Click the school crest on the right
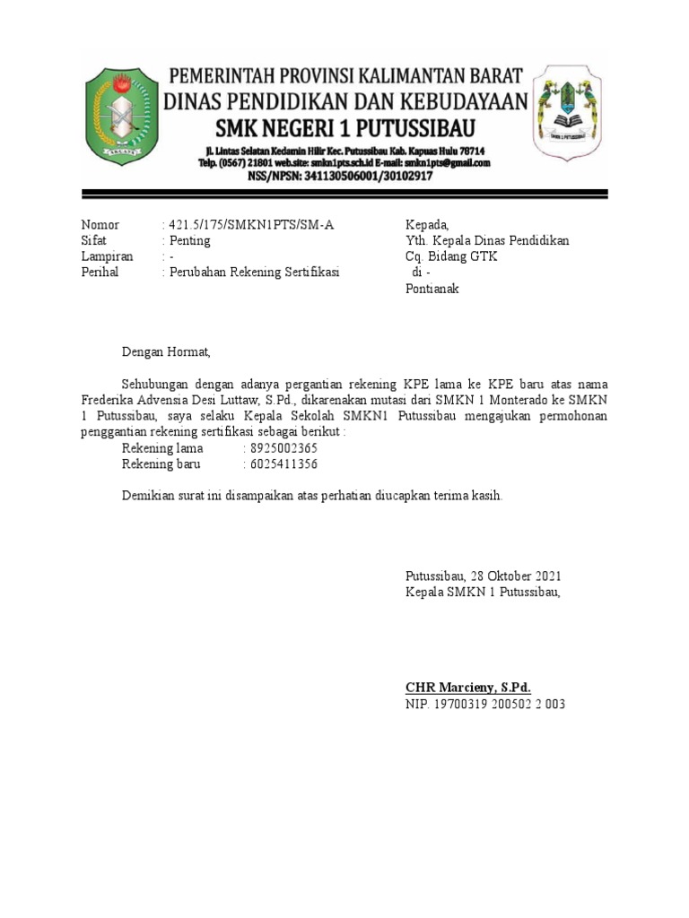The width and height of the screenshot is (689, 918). [x=569, y=115]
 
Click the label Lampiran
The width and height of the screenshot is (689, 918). [x=107, y=256]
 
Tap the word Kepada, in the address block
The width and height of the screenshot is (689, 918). [x=427, y=225]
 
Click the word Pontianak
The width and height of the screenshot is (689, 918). [x=432, y=289]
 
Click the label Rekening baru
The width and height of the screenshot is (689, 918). [x=161, y=464]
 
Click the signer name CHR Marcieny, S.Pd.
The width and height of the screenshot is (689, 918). [x=468, y=688]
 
